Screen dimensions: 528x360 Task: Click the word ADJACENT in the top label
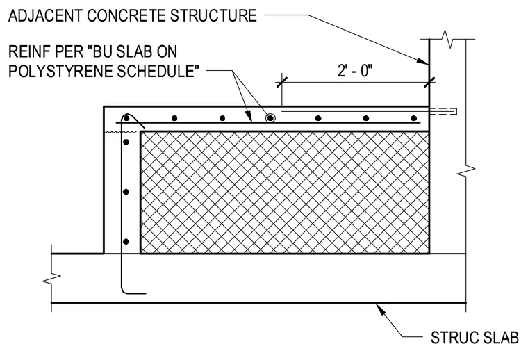click(x=44, y=16)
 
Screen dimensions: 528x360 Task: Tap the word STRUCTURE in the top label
click(x=213, y=16)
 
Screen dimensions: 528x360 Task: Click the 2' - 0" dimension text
click(x=355, y=71)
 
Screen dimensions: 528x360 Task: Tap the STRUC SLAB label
click(x=475, y=338)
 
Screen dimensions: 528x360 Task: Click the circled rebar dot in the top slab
click(x=270, y=118)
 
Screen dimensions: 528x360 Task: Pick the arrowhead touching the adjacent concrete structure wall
click(x=422, y=61)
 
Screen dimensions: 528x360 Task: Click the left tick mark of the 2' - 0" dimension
click(x=282, y=82)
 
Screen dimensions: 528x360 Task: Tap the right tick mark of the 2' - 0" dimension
click(x=429, y=82)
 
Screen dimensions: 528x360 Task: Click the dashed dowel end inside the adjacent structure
click(x=443, y=111)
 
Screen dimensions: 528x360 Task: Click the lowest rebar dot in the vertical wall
click(x=126, y=241)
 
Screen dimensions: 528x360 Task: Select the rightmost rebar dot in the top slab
click(x=414, y=118)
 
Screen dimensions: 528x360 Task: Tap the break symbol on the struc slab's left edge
click(x=51, y=279)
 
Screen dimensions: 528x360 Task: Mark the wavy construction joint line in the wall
click(x=121, y=132)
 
